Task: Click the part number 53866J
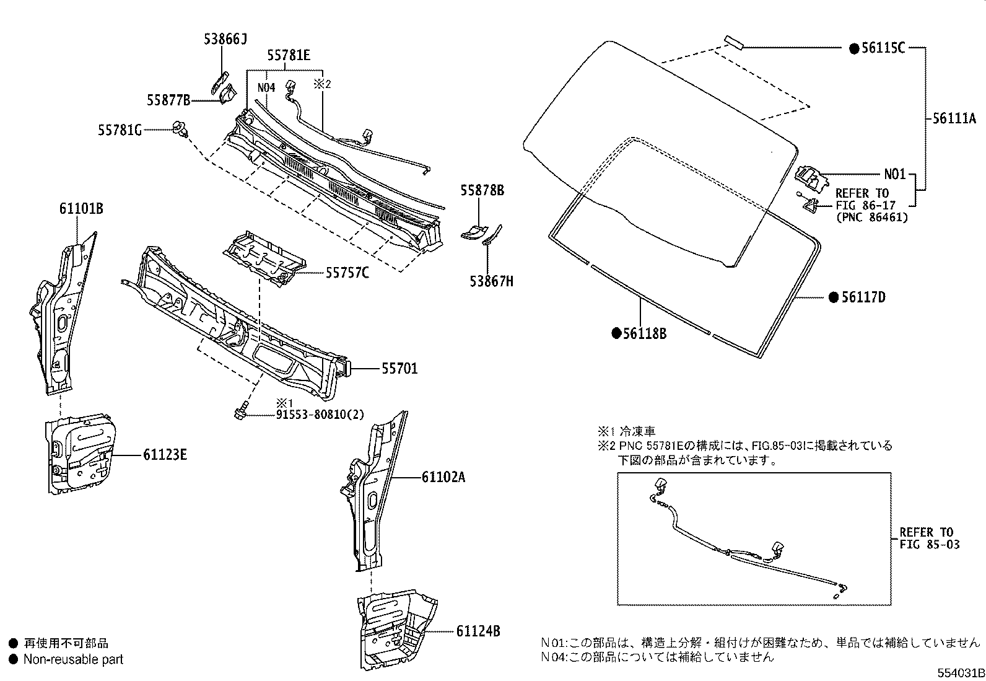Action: click(225, 40)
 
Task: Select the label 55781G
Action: click(120, 130)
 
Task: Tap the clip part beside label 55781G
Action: click(181, 128)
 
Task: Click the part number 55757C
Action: click(347, 272)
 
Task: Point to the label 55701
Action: click(399, 369)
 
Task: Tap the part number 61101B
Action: click(81, 209)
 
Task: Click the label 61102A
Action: click(443, 477)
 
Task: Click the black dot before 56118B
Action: click(616, 333)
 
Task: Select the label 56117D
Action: click(863, 298)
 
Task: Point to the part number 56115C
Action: click(883, 48)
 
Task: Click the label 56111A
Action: click(954, 119)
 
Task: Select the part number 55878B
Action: click(482, 191)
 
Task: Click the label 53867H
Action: click(491, 282)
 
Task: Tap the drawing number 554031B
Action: click(959, 673)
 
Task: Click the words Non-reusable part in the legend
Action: click(73, 659)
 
